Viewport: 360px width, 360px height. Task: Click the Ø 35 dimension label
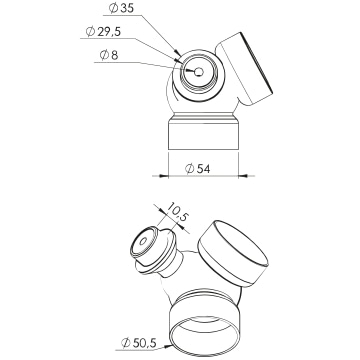pyautogui.click(x=121, y=9)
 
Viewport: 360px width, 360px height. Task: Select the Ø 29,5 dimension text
pyautogui.click(x=103, y=32)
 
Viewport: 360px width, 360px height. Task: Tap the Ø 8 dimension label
pyautogui.click(x=109, y=55)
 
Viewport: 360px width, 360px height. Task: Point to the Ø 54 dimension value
pyautogui.click(x=198, y=169)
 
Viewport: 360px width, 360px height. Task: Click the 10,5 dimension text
pyautogui.click(x=178, y=212)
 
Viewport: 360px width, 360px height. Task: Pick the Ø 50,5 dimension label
pyautogui.click(x=139, y=343)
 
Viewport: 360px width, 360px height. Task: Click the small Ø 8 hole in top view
pyautogui.click(x=199, y=72)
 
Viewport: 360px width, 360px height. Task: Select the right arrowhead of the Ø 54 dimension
pyautogui.click(x=243, y=176)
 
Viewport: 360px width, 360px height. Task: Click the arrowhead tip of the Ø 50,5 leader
pyautogui.click(x=172, y=346)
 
